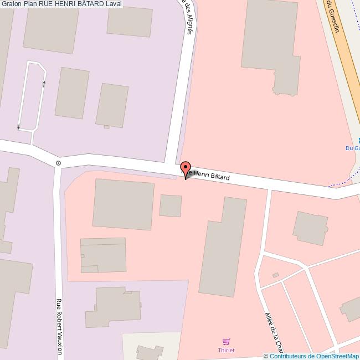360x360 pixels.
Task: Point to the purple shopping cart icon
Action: [225, 342]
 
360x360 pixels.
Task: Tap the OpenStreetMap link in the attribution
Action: [338, 356]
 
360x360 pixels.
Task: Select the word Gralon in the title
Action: [12, 4]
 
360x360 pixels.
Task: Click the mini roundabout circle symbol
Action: [58, 163]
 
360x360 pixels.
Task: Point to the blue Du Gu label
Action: [352, 148]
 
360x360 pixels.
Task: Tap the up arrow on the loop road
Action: [44, 84]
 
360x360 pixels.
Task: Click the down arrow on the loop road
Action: [18, 127]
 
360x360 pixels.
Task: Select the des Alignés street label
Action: [188, 17]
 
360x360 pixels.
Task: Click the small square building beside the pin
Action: [170, 205]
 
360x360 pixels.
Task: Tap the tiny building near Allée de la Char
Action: [275, 275]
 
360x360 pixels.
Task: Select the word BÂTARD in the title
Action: [89, 4]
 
